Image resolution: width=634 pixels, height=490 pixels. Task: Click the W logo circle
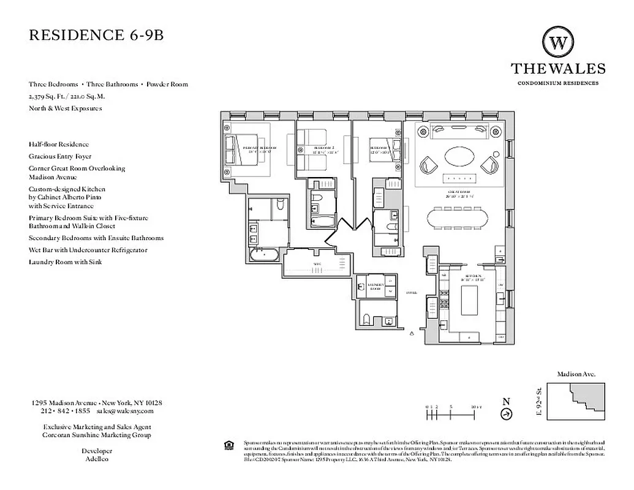558,43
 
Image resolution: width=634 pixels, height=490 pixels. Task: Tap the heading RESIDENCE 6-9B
96,35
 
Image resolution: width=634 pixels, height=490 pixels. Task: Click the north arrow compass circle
506,414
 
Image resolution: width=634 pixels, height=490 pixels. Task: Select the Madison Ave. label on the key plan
576,374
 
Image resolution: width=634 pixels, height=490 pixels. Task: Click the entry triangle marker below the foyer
412,334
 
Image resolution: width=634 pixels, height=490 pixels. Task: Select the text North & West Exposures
65,108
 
